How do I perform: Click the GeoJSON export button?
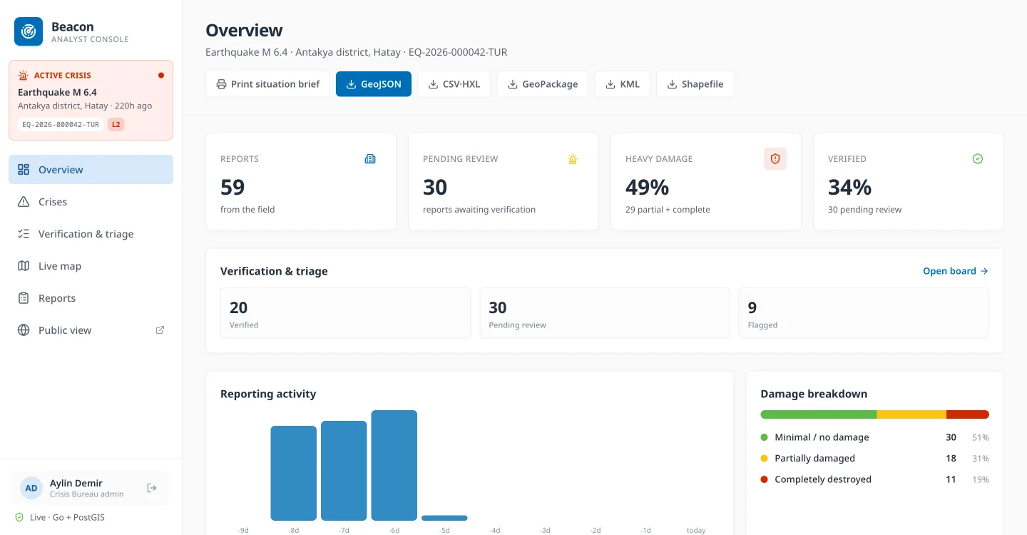click(x=373, y=84)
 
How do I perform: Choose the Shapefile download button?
click(x=695, y=84)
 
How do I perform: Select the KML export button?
click(x=622, y=84)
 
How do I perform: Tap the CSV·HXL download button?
click(x=454, y=84)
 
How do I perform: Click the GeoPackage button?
click(x=542, y=84)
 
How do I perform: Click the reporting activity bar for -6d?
click(x=394, y=465)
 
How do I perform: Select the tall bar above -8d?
click(x=293, y=473)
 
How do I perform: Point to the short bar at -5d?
click(x=444, y=518)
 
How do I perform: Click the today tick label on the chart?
click(x=695, y=530)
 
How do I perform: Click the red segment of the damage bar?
click(x=967, y=414)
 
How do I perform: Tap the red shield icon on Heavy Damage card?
click(x=775, y=158)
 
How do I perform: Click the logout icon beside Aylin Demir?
click(x=152, y=488)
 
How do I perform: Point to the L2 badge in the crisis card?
click(x=116, y=124)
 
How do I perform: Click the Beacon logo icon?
click(x=29, y=31)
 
